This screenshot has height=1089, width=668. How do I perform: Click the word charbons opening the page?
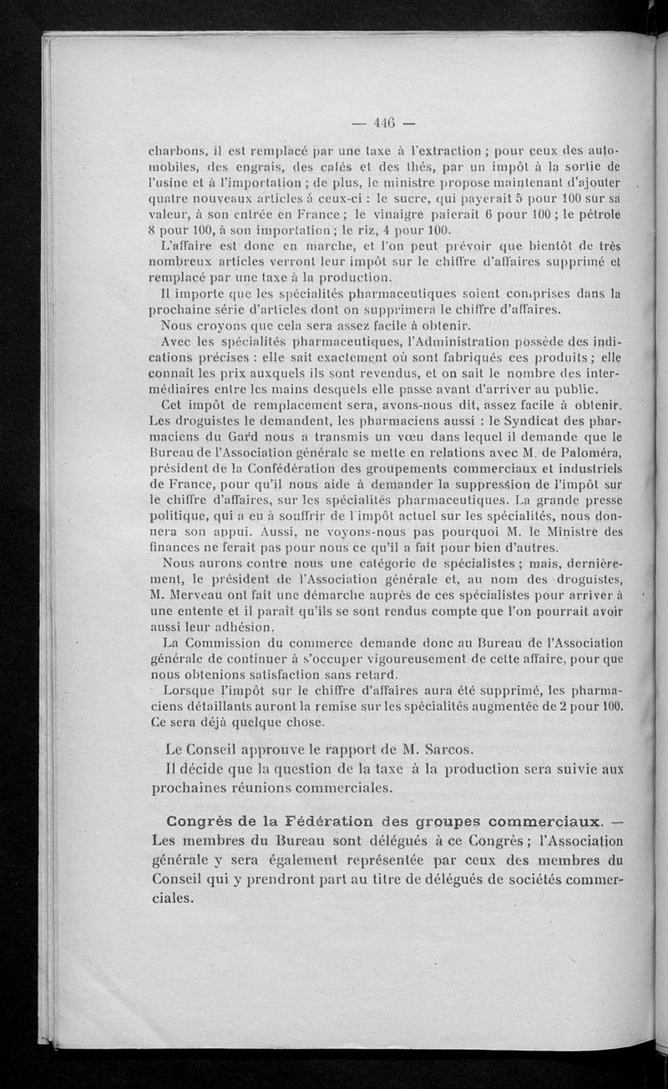tap(173, 153)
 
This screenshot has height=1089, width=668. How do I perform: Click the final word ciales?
tap(173, 900)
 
